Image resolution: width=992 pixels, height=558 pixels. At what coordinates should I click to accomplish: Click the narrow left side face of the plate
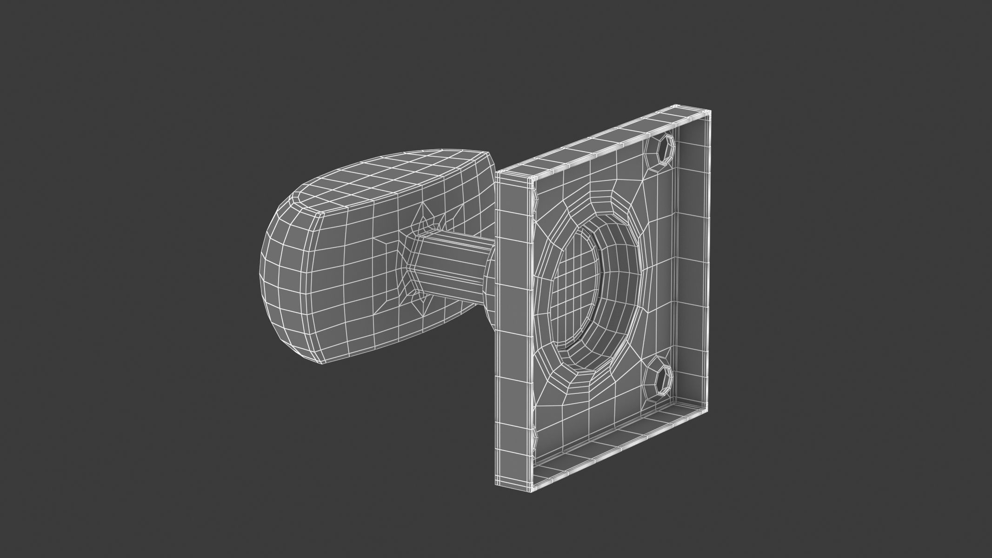coord(514,325)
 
